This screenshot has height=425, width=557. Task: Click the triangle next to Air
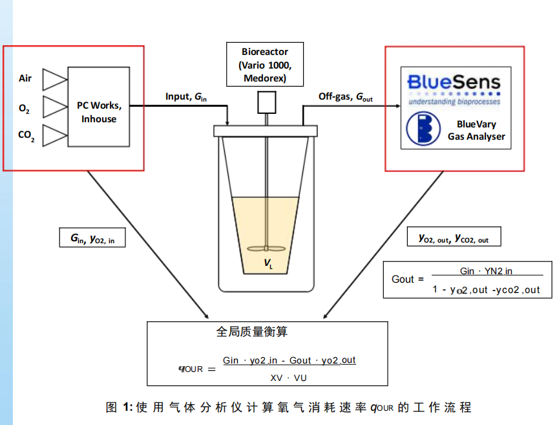[x=54, y=80]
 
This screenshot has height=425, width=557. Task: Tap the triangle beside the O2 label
[x=54, y=107]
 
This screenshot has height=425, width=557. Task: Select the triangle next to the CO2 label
[x=54, y=135]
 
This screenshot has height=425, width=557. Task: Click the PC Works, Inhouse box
[x=99, y=107]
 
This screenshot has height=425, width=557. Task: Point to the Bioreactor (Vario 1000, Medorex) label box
[x=265, y=65]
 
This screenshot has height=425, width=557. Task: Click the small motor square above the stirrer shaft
[x=267, y=102]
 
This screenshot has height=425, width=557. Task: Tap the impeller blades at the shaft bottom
[x=266, y=248]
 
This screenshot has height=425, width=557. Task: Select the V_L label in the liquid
[x=268, y=263]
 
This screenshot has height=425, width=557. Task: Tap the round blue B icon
[x=423, y=129]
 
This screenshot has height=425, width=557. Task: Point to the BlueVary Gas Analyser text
[x=476, y=130]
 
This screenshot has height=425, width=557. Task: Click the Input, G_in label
[x=186, y=97]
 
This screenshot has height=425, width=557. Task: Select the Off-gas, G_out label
[x=345, y=97]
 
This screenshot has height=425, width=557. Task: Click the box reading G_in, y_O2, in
[x=92, y=237]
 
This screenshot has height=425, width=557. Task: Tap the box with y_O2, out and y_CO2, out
[x=454, y=237]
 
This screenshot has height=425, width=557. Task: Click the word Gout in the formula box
[x=403, y=279]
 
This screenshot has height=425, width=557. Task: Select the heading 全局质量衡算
[x=252, y=331]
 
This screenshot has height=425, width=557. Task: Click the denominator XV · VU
[x=288, y=378]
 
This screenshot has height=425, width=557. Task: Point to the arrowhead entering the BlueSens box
[x=398, y=105]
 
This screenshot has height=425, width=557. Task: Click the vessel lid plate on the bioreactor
[x=266, y=131]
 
